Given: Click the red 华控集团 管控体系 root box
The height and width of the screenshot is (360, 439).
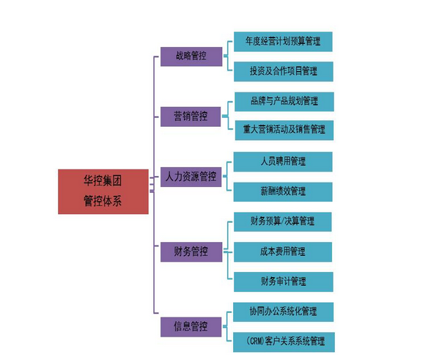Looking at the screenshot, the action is click(103, 191).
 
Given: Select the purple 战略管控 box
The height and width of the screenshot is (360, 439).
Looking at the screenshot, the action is click(191, 56).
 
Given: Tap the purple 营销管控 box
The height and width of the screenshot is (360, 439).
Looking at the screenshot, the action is click(191, 117).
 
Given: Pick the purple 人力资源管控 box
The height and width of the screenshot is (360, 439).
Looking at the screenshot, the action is click(191, 177).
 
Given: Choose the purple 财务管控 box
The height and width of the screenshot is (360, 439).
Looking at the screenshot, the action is click(191, 252).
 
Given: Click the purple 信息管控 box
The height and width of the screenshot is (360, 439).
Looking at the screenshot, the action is click(191, 327).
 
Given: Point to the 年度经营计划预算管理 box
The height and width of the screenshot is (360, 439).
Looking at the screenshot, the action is click(283, 42).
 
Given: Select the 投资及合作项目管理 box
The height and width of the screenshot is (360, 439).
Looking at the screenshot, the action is click(284, 71).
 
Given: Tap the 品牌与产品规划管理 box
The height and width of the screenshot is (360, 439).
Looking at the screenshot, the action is click(284, 101).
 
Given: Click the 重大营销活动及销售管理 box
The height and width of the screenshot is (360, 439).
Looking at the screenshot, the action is click(284, 131).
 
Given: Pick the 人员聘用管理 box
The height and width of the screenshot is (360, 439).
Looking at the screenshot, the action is click(283, 161).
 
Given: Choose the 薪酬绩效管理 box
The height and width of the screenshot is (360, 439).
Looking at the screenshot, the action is click(283, 192).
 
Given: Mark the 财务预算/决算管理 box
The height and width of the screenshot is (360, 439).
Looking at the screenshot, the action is click(283, 222).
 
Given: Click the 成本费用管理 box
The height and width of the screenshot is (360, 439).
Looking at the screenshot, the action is click(283, 252).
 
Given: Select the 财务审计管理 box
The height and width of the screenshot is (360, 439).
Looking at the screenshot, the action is click(284, 282).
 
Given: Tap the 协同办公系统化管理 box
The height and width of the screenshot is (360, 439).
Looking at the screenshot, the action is click(284, 312).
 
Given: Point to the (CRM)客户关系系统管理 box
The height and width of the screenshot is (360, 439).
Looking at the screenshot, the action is click(284, 342).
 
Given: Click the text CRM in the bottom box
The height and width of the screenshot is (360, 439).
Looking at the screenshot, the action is click(256, 341).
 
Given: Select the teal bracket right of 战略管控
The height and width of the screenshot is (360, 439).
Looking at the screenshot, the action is click(227, 56).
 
